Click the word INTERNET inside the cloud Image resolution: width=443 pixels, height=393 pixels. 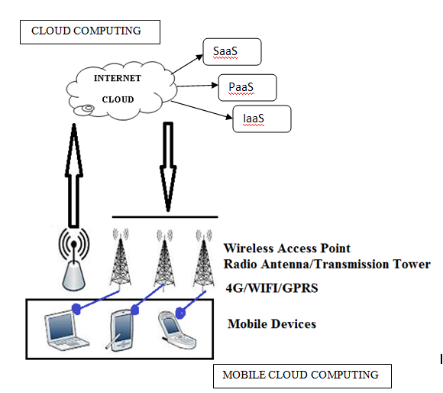click(x=118, y=78)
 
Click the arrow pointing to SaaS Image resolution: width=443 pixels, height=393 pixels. click(x=187, y=64)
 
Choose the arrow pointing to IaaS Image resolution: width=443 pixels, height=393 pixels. click(x=202, y=110)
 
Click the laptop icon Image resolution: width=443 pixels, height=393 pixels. click(x=66, y=330)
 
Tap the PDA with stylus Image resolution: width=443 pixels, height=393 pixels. click(x=121, y=330)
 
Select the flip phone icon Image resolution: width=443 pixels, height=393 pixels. click(x=177, y=330)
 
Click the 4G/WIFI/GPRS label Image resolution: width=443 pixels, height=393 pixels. click(x=272, y=288)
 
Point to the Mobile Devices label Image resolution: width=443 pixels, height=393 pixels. click(x=272, y=324)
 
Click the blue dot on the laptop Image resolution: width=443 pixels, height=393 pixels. click(x=76, y=308)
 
